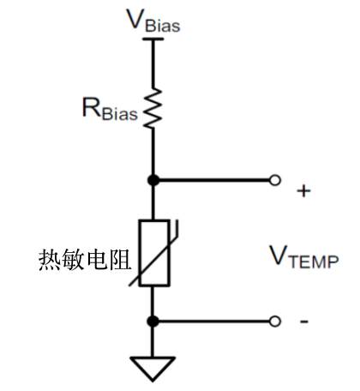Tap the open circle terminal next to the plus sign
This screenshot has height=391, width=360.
pyautogui.click(x=274, y=181)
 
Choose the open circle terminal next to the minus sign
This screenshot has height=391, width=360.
pyautogui.click(x=274, y=322)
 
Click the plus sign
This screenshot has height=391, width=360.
pyautogui.click(x=303, y=190)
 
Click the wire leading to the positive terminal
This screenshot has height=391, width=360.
pyautogui.click(x=214, y=181)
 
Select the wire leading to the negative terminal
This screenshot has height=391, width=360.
pyautogui.click(x=214, y=322)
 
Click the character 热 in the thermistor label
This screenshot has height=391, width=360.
pyautogui.click(x=50, y=257)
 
